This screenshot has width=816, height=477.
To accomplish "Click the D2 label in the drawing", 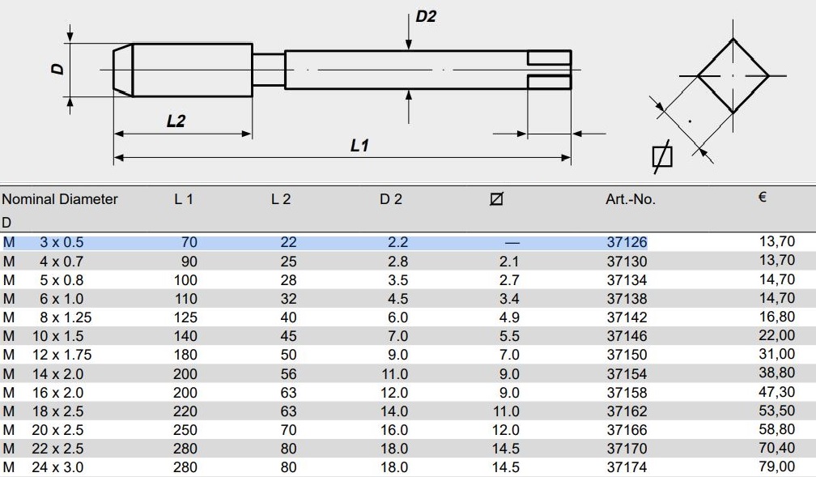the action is (426, 17).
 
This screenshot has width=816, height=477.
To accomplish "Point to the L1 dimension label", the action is (359, 145).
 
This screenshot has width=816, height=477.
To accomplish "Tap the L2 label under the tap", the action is (176, 121).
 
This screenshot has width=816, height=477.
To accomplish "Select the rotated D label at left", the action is (57, 68).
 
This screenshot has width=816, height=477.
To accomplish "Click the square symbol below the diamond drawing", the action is (662, 156).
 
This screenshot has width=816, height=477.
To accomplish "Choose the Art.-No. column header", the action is (630, 199).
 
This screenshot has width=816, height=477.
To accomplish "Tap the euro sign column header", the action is (763, 197).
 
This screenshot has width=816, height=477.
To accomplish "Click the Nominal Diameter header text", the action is (60, 199).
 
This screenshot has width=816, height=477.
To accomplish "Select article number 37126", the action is (627, 242).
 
